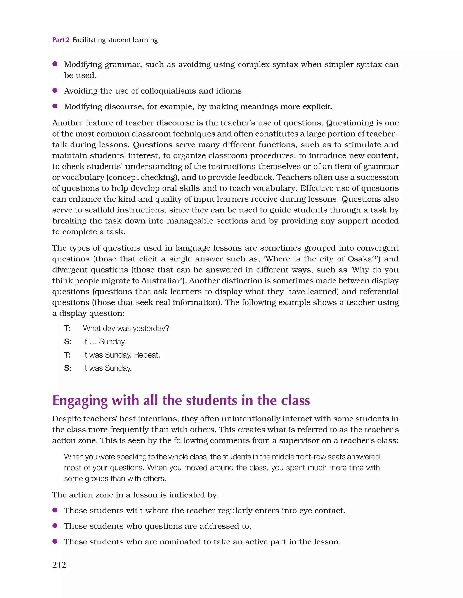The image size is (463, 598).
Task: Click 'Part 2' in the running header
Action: (x=61, y=40)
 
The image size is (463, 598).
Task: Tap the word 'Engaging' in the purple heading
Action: (x=80, y=401)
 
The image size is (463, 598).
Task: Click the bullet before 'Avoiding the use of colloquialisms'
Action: (x=55, y=90)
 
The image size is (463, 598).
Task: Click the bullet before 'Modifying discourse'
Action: (x=55, y=106)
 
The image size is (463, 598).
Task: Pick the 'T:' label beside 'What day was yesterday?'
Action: (x=67, y=328)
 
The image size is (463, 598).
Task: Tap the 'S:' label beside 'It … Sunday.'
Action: (x=68, y=342)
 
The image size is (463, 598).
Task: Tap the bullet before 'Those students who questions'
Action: (x=55, y=525)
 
